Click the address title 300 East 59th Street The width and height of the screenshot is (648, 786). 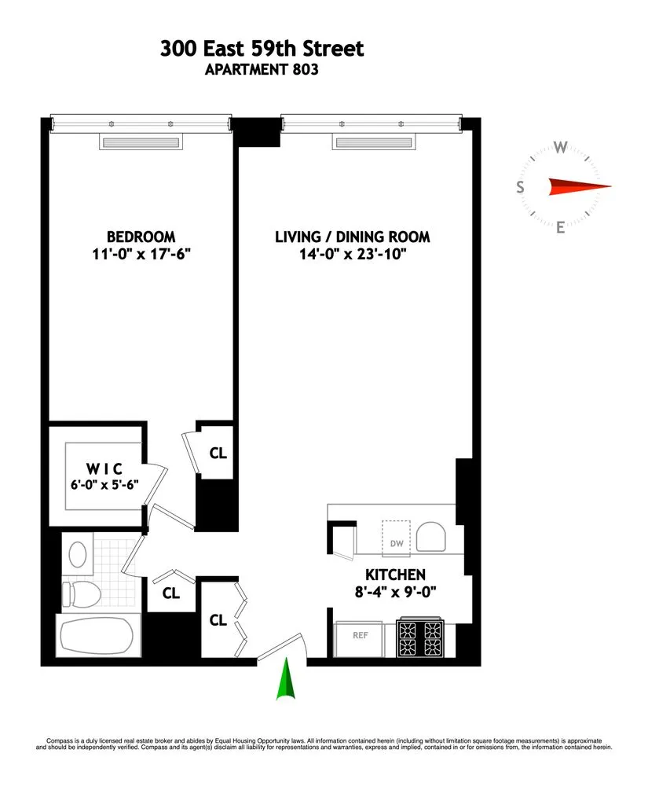point(262,49)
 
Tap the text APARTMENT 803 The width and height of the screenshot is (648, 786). point(262,70)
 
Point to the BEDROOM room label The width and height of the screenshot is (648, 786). point(141,237)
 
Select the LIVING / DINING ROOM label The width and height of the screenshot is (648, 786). point(353,237)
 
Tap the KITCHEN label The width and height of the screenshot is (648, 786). point(396,575)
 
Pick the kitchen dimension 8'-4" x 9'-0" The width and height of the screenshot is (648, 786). point(396,592)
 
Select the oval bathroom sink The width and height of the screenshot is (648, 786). point(79,554)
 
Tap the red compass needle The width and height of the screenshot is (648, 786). point(578,186)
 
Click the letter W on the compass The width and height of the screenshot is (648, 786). point(561,147)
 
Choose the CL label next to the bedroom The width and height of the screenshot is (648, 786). point(218,453)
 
